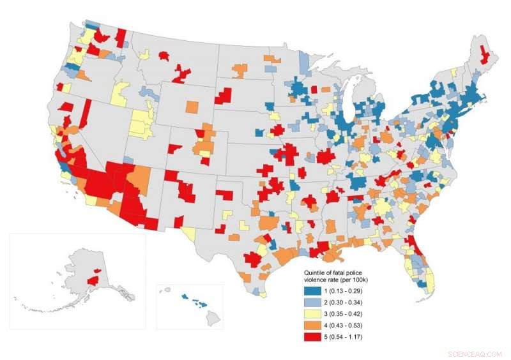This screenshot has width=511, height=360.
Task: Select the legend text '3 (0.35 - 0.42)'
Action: pos(350,313)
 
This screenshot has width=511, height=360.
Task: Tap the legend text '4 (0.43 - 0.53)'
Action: pos(350,324)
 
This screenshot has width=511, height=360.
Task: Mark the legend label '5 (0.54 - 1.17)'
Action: pos(350,336)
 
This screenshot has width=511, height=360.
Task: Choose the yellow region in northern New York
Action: pos(454,72)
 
